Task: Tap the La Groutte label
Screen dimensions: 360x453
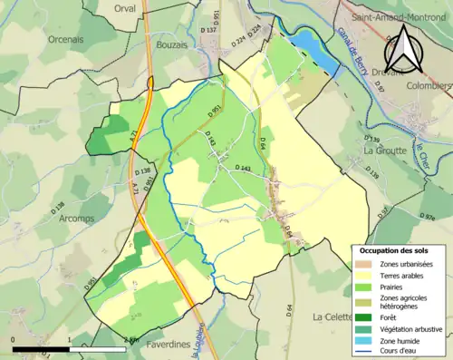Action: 384,150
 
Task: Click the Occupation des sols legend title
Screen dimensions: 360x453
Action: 396,250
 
